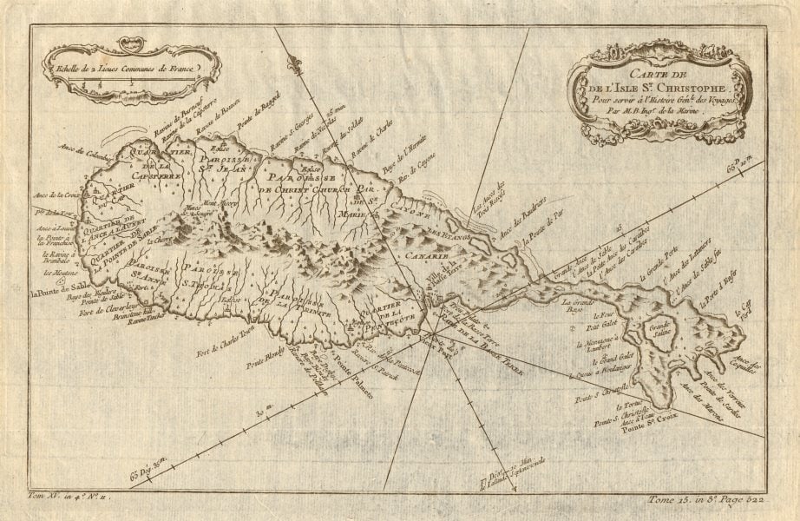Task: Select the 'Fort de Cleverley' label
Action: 108,310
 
